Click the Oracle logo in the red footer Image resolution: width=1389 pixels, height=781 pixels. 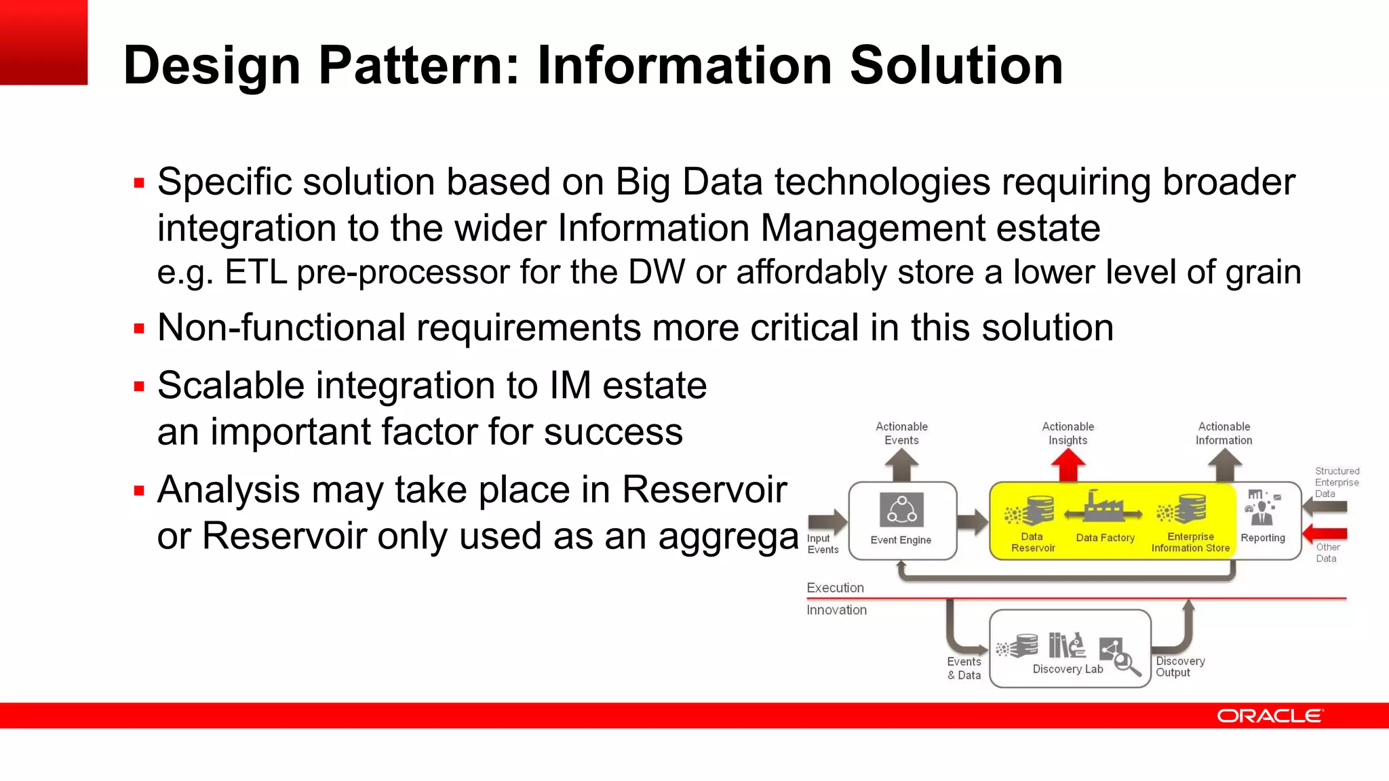click(x=1269, y=716)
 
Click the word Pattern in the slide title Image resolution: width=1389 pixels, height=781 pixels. click(x=418, y=66)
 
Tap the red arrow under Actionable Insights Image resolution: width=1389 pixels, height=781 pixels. click(x=1068, y=466)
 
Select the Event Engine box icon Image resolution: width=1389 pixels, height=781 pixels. click(x=901, y=510)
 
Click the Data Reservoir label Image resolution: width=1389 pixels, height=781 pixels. click(x=1033, y=542)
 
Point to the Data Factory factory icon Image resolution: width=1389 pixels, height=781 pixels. click(x=1103, y=508)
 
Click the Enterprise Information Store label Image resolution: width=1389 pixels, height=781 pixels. click(x=1190, y=542)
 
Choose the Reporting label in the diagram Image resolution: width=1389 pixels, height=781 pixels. click(x=1263, y=538)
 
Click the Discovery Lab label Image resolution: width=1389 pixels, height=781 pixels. click(x=1068, y=669)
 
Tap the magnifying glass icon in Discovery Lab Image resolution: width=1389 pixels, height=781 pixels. click(x=1127, y=662)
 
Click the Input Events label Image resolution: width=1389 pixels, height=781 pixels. click(x=822, y=544)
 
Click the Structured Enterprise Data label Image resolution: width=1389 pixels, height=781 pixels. click(x=1337, y=482)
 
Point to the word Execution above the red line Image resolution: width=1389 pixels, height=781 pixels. click(x=835, y=588)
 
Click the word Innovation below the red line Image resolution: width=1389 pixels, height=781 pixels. click(x=836, y=610)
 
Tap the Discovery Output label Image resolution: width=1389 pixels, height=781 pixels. click(x=1180, y=666)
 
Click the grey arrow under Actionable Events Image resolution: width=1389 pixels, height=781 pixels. click(x=901, y=466)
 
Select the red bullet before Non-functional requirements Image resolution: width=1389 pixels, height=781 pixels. click(x=140, y=329)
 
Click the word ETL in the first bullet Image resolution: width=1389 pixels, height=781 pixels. click(x=256, y=273)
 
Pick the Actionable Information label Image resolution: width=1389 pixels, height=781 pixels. click(x=1224, y=433)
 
